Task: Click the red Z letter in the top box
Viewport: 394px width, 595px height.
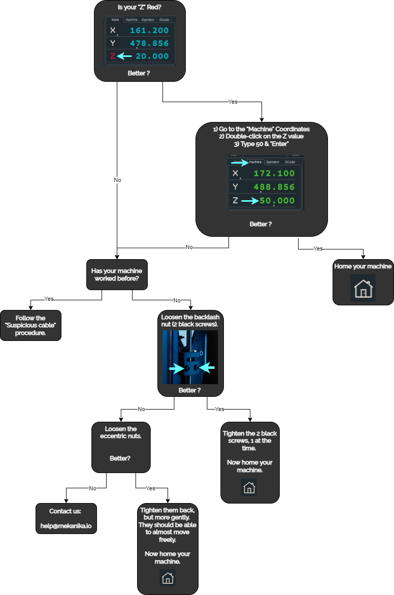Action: click(113, 56)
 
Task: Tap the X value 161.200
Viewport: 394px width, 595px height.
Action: click(149, 30)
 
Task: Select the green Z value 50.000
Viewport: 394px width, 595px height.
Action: click(277, 201)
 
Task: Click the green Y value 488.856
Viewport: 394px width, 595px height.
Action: click(274, 187)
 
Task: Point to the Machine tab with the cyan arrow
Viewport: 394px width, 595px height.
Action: click(255, 162)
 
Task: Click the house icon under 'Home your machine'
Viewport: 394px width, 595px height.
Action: click(364, 289)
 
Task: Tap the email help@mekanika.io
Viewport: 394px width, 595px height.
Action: click(66, 526)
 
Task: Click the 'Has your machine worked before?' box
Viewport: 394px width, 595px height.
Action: click(117, 275)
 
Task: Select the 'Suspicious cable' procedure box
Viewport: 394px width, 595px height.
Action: click(30, 325)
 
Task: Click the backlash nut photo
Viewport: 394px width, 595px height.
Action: click(190, 357)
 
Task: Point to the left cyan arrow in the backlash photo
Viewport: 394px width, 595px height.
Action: click(177, 368)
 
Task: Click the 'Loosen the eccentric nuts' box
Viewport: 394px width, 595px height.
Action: click(121, 447)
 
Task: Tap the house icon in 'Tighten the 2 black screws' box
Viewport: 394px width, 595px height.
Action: click(249, 487)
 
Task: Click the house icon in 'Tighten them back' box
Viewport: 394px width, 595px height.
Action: click(168, 578)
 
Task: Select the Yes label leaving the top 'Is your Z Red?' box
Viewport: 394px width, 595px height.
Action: click(233, 102)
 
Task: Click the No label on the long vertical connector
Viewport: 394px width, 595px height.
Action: click(118, 180)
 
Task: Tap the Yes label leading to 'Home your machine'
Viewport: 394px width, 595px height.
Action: click(318, 248)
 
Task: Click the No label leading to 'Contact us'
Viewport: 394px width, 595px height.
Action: click(92, 488)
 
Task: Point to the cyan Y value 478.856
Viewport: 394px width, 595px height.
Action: click(149, 43)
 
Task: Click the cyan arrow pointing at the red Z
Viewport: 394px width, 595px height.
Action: click(124, 56)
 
